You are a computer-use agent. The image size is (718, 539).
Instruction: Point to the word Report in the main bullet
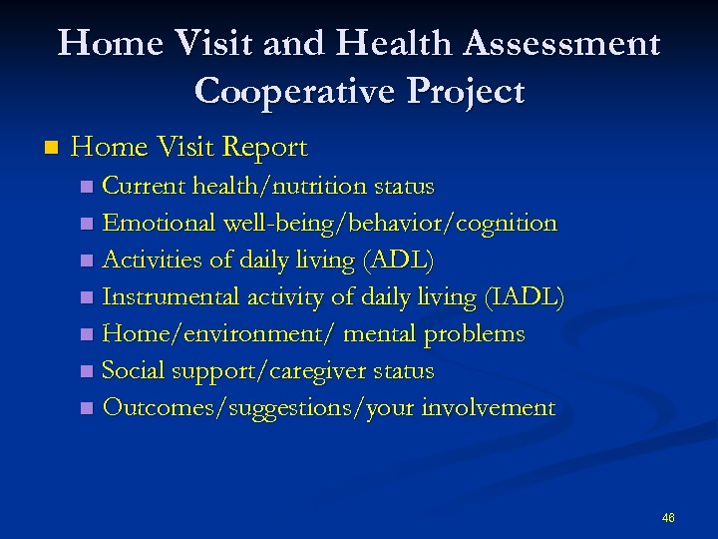(x=264, y=148)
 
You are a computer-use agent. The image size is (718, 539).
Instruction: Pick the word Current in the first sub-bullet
(x=144, y=187)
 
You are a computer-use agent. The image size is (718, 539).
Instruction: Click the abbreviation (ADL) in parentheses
(x=399, y=261)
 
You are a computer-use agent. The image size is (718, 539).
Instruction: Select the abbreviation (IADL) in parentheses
(x=524, y=297)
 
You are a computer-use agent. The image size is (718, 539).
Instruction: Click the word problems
(x=474, y=334)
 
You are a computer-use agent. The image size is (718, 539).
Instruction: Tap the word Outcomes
(x=151, y=408)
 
